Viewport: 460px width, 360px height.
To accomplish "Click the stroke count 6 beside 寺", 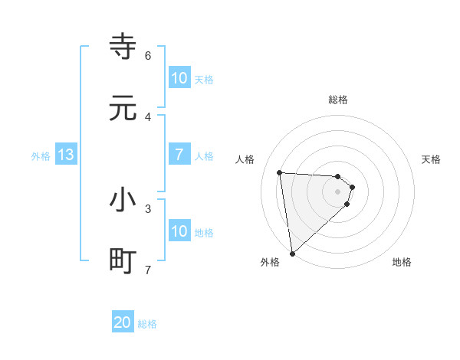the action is pos(148,55).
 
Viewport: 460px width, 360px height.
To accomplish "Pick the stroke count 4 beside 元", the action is pos(148,116).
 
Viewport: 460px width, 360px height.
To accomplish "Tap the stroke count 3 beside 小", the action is pos(148,208).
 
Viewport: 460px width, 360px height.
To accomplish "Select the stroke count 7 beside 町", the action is pos(148,270).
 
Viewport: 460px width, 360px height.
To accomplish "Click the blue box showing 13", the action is pos(66,155).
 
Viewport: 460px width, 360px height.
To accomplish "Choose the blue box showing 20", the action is pos(123,323).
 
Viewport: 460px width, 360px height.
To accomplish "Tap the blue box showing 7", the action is pos(179,155).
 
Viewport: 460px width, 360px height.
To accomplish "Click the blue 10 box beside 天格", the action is pos(179,78).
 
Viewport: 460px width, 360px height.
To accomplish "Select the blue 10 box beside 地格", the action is pos(179,231).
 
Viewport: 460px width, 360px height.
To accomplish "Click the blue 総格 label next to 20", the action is pos(147,324).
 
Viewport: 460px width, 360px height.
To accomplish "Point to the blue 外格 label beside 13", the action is pos(41,156).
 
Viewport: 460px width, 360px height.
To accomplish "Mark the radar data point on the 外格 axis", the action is pos(292,253).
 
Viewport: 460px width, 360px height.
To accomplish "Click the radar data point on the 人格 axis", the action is pos(280,172).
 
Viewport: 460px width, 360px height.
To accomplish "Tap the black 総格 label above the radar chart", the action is pos(338,100).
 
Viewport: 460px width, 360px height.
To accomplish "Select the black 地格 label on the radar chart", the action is pos(402,262).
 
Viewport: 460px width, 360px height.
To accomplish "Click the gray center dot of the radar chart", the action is pos(338,191).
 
